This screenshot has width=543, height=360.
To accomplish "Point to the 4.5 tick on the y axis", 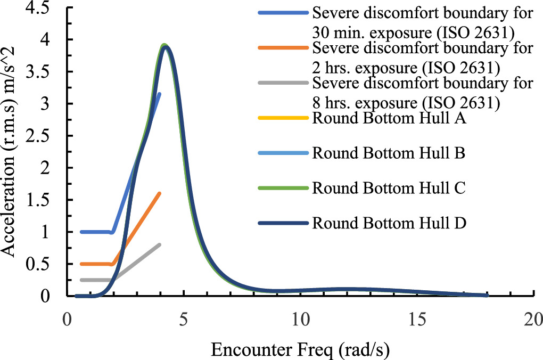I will tap(45, 9).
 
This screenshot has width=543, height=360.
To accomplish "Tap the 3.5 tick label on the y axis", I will tap(45, 72).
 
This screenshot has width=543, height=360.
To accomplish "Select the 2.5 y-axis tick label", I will tap(45, 137).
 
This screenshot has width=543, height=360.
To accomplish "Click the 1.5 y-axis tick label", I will tap(45, 201).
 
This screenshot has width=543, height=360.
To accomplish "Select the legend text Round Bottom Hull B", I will tap(389, 153).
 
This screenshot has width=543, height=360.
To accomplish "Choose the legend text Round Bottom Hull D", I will tap(390, 223).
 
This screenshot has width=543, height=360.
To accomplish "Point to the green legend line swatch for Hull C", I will tap(283, 188).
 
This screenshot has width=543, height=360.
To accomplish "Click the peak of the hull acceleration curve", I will tap(166, 46).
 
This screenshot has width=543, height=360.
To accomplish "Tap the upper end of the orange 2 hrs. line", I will tap(159, 194).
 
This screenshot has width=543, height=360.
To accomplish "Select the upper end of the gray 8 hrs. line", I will tap(159, 245).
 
